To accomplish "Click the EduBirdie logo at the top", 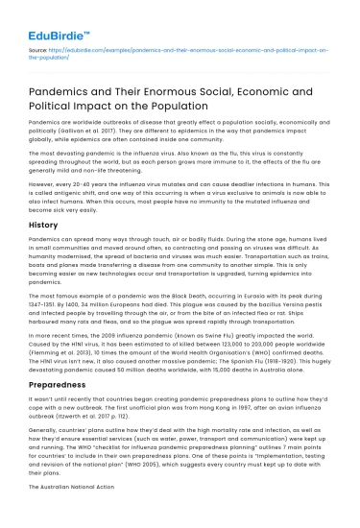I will pyautogui.click(x=52, y=21).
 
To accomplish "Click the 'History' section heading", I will pyautogui.click(x=44, y=224).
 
